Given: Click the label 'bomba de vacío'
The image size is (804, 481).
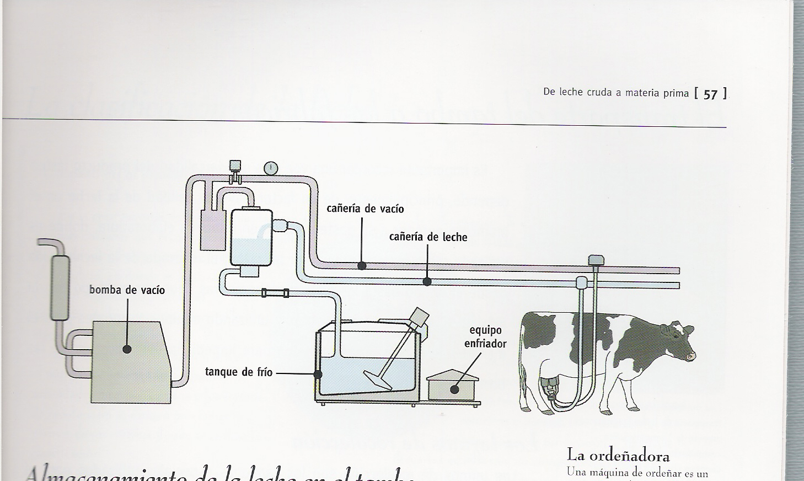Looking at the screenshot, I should pyautogui.click(x=127, y=290).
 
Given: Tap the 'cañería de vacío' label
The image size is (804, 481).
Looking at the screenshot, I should pyautogui.click(x=365, y=209).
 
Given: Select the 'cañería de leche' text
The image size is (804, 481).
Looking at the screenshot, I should pyautogui.click(x=428, y=237).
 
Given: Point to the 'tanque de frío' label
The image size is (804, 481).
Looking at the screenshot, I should pyautogui.click(x=239, y=372).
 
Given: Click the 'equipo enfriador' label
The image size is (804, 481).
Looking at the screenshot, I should pyautogui.click(x=485, y=337).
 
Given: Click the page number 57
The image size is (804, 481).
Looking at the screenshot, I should pyautogui.click(x=710, y=94).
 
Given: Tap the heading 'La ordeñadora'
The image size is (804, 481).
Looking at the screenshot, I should pyautogui.click(x=618, y=456).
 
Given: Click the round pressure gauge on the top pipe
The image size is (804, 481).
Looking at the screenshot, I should pyautogui.click(x=271, y=168).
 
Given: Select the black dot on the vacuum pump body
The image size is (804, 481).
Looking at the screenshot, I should pyautogui.click(x=127, y=349).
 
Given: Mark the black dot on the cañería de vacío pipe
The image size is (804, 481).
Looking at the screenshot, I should pyautogui.click(x=362, y=266).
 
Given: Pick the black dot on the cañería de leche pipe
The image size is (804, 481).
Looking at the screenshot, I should pyautogui.click(x=427, y=282).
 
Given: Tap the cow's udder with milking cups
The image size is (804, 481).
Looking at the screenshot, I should pyautogui.click(x=549, y=386).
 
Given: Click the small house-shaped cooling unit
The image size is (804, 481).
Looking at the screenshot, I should pyautogui.click(x=454, y=385).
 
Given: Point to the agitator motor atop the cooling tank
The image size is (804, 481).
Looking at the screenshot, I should pyautogui.click(x=419, y=318).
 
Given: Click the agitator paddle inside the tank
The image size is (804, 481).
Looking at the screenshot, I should pyautogui.click(x=378, y=380).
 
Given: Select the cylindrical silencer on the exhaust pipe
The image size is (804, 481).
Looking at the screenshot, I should pyautogui.click(x=60, y=287).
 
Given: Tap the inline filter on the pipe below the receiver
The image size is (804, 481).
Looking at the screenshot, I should pyautogui.click(x=275, y=293).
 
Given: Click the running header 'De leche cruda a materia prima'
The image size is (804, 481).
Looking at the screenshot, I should pyautogui.click(x=616, y=93).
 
